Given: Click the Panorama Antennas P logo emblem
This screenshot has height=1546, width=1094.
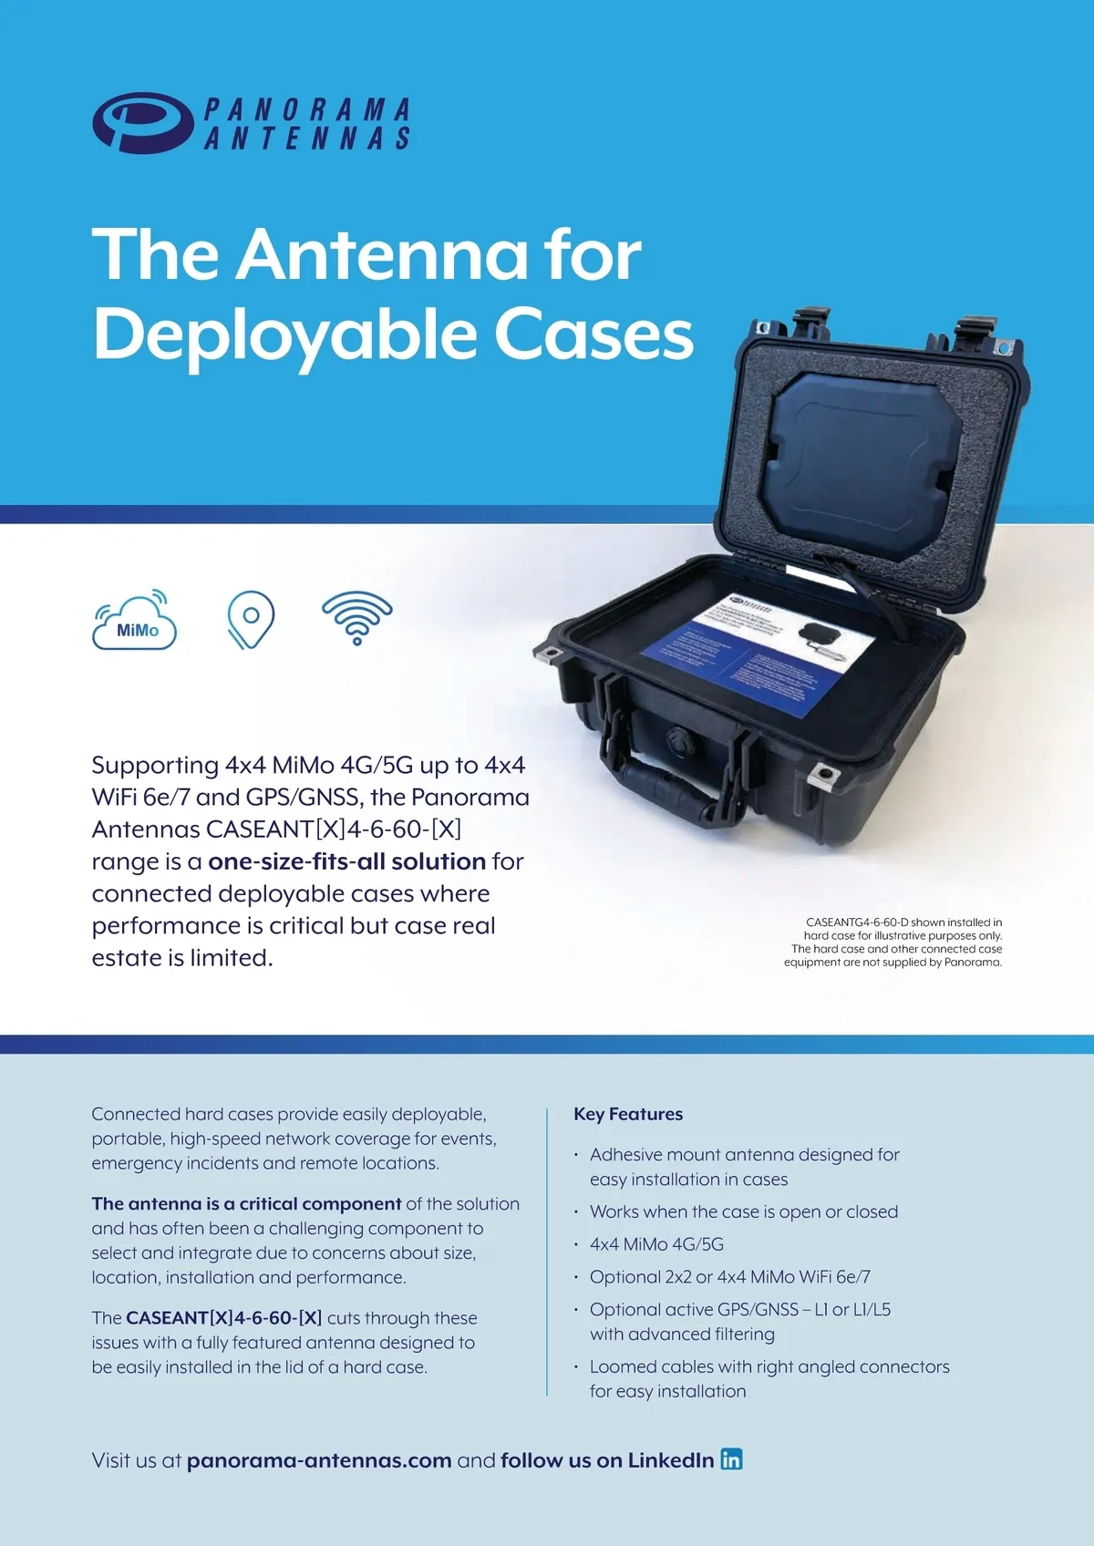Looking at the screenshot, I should (x=142, y=122).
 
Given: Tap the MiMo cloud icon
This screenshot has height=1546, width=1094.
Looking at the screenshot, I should (x=135, y=623).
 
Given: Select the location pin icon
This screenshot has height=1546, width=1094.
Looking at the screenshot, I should (x=251, y=619).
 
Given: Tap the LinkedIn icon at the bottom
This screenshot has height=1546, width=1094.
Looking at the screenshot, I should (x=731, y=1459).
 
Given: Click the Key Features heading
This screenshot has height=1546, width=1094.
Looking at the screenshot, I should (x=628, y=1114).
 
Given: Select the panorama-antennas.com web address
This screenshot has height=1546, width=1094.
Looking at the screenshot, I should (x=319, y=1460).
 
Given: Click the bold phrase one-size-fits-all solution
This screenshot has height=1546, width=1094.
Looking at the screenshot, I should (x=346, y=861).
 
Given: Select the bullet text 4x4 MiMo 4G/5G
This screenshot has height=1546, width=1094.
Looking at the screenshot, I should (x=656, y=1244).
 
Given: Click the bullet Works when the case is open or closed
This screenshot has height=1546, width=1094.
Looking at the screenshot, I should (x=743, y=1211).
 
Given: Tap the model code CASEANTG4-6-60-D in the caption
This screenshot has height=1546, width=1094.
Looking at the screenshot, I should (x=857, y=922).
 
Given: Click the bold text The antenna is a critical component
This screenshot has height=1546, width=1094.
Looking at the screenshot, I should (x=246, y=1203).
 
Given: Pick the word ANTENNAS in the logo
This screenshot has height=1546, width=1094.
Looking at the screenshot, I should (x=307, y=138).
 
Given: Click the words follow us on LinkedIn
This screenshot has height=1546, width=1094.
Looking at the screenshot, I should (x=607, y=1460).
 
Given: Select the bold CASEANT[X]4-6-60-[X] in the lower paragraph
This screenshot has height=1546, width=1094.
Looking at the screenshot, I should (x=223, y=1318).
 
